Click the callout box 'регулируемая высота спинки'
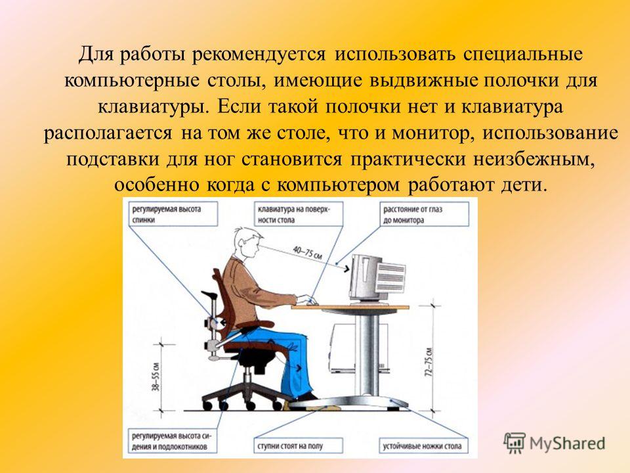tap(173, 214)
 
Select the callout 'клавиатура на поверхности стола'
tap(299, 214)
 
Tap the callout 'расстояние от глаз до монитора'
tap(425, 214)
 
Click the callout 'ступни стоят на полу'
tap(299, 445)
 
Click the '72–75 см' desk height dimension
tap(430, 361)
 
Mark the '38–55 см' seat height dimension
tap(156, 377)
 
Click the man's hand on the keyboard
tap(306, 300)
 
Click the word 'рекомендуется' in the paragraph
tap(259, 55)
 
